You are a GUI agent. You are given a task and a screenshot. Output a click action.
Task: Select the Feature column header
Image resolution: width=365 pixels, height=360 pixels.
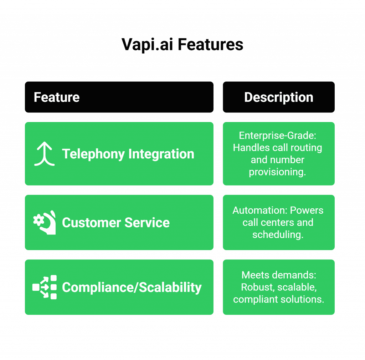(57, 97)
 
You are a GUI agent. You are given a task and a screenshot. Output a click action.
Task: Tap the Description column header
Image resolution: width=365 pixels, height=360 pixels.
(278, 97)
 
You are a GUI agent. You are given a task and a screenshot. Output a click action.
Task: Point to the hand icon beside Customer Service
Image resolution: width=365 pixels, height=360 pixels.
(45, 222)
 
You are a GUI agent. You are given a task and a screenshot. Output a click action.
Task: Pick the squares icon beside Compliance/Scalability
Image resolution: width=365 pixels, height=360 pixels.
(45, 287)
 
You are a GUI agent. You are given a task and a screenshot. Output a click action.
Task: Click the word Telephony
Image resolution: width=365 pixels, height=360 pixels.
(93, 154)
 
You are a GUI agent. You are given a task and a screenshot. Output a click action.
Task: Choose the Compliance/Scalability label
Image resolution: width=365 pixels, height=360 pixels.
(132, 287)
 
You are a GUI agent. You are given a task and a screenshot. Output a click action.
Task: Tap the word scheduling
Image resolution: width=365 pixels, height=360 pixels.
(278, 234)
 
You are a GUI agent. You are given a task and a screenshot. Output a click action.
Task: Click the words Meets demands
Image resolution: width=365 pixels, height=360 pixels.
(278, 275)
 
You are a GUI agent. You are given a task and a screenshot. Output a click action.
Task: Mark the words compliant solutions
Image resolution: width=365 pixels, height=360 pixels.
(278, 299)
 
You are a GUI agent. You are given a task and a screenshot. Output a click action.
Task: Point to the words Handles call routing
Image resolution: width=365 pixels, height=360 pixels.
(278, 147)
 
